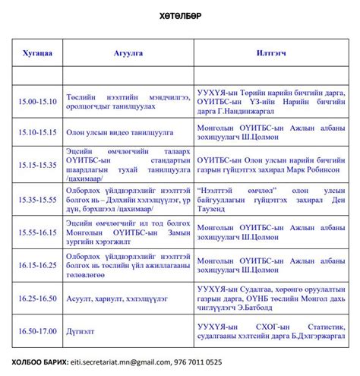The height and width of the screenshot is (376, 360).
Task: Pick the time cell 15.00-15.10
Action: point(38,101)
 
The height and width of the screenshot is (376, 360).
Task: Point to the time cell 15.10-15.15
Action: point(38,131)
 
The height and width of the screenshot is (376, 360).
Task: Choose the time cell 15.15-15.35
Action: point(38,164)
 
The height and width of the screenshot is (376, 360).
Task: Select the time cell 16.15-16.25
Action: point(38,264)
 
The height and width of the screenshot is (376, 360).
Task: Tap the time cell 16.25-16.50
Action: point(38,299)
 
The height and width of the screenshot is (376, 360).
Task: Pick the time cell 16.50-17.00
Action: point(38,331)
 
